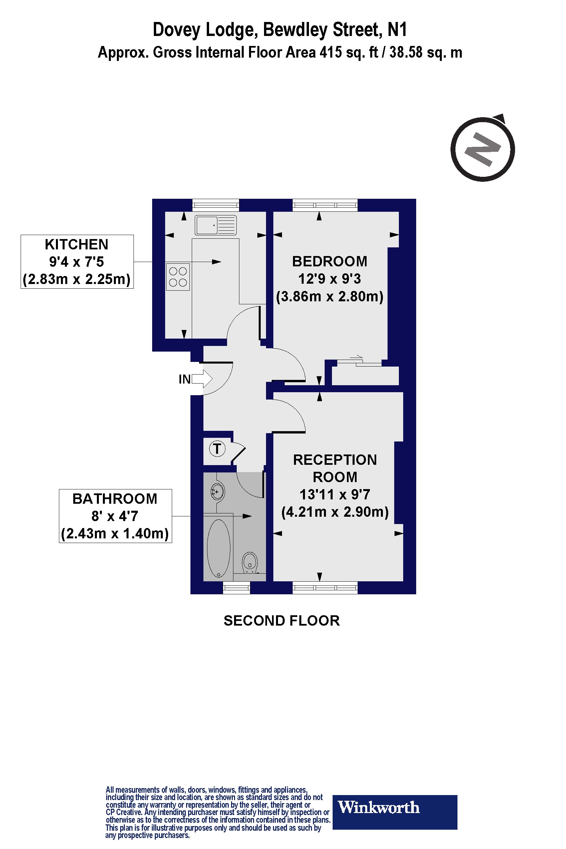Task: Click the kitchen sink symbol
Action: pos(215,225)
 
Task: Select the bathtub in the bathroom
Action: pos(218,547)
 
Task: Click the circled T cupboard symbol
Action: pos(217,449)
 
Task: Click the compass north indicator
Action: pos(483,149)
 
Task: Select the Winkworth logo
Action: pos(395,807)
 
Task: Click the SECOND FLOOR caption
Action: pos(282,621)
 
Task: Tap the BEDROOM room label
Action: pos(330,261)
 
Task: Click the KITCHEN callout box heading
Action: pos(77,245)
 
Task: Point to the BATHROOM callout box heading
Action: pos(115,499)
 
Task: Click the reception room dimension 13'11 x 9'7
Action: pos(335,494)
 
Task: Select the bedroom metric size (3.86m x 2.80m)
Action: pos(330,296)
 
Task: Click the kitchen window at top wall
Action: pos(215,205)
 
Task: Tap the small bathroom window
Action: pos(236,588)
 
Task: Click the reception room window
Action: pos(325,588)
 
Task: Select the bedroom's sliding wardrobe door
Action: pos(359,362)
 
